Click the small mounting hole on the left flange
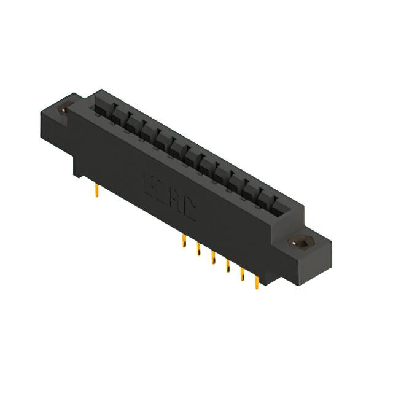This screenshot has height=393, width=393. pos(63,110)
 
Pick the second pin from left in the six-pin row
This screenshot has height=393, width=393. pos(198,250)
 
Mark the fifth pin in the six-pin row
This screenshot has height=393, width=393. pos(242,274)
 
